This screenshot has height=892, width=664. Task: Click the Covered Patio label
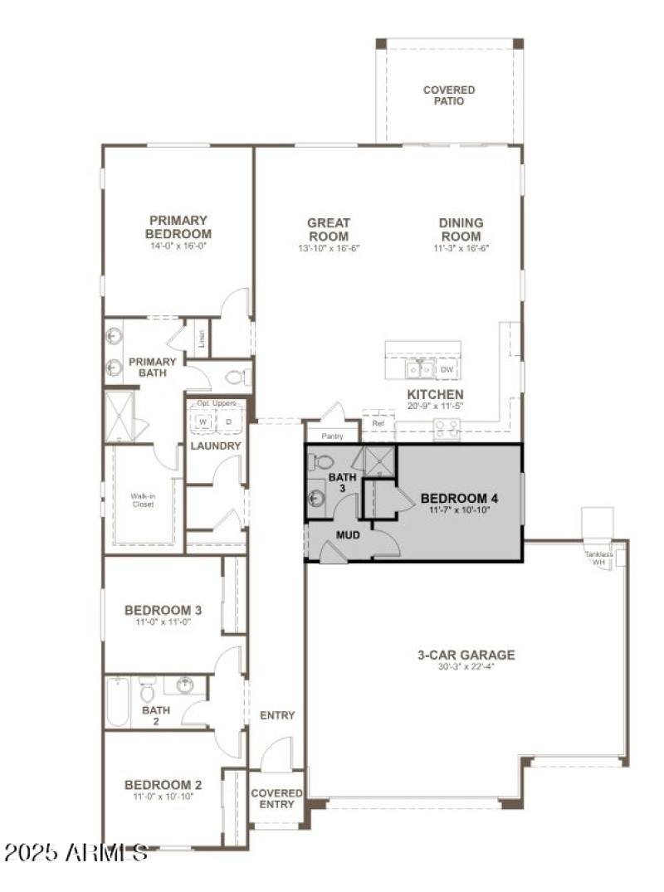click(x=449, y=95)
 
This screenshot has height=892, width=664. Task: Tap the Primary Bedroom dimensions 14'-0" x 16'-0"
click(x=178, y=246)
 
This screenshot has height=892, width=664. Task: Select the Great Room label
click(x=329, y=229)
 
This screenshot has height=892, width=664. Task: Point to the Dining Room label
click(x=461, y=229)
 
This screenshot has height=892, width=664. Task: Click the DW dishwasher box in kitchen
click(x=447, y=369)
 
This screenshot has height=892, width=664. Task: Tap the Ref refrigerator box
click(x=378, y=423)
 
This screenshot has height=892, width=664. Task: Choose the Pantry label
click(x=331, y=435)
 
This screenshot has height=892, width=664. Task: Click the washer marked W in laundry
click(x=203, y=422)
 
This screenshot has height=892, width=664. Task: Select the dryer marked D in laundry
click(x=228, y=422)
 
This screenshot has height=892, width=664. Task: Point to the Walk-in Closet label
click(x=143, y=500)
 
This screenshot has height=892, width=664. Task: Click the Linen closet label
click(x=200, y=339)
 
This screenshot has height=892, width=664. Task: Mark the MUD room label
click(x=347, y=535)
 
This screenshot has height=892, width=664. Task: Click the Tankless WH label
click(x=598, y=558)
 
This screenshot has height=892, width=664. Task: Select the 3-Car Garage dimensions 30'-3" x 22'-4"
click(x=466, y=668)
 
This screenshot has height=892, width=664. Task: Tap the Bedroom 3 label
click(x=164, y=610)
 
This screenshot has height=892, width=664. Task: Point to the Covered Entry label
click(x=276, y=798)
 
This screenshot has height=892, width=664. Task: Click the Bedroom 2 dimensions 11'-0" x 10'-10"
click(x=164, y=797)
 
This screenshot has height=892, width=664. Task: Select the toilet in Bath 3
click(x=323, y=462)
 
